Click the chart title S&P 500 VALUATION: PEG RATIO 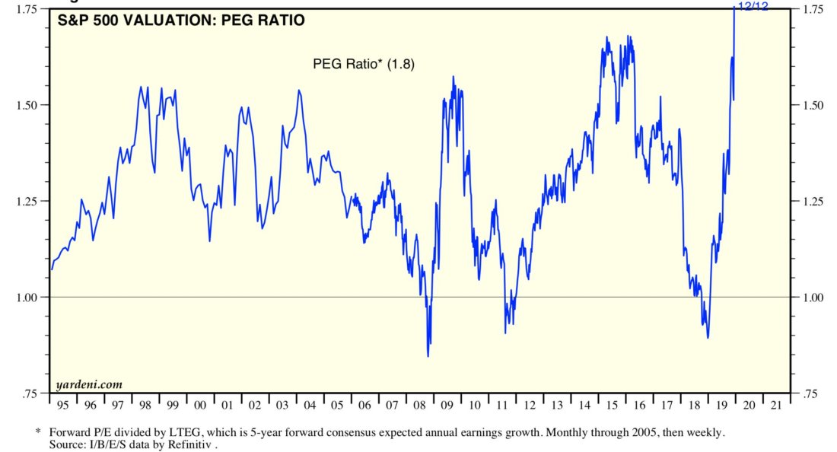click(x=181, y=21)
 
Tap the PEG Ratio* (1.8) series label click(x=364, y=64)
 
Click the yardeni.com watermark click(x=89, y=384)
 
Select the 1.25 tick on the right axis click(x=811, y=201)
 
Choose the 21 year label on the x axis click(x=776, y=404)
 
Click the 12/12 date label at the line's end click(x=754, y=7)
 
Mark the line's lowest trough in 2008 click(x=428, y=355)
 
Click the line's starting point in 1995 click(x=52, y=269)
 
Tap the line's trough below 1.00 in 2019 click(x=708, y=338)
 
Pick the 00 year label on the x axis click(x=199, y=404)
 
